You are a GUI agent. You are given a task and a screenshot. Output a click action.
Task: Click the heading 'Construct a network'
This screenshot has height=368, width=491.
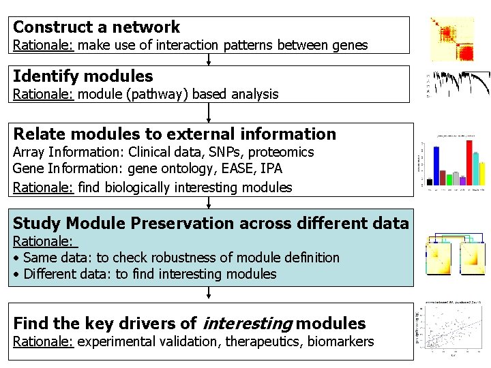click(96, 27)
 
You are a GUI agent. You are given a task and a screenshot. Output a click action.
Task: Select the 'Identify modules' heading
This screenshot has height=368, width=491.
click(83, 76)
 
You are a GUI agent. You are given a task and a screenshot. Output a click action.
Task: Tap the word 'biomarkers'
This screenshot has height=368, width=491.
click(340, 341)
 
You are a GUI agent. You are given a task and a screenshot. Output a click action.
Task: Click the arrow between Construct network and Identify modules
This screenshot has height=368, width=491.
click(209, 59)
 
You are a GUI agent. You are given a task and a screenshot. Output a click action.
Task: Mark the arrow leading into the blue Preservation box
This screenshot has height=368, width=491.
click(209, 202)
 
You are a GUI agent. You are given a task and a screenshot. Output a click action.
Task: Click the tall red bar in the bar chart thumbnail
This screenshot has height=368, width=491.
click(469, 162)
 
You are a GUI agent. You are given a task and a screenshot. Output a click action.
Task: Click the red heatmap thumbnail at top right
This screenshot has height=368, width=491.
click(452, 39)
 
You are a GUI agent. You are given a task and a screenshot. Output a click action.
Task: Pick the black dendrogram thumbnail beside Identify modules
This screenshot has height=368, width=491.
click(458, 83)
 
